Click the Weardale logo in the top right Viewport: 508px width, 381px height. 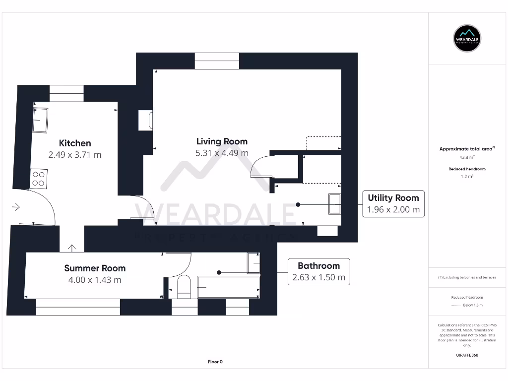(x=468, y=38)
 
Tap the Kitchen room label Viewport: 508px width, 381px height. (x=75, y=143)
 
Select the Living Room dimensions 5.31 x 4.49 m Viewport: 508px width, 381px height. (x=222, y=153)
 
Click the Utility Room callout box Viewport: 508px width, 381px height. (x=393, y=203)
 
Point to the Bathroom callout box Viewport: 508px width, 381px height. (x=318, y=271)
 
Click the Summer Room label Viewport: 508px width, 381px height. (x=95, y=268)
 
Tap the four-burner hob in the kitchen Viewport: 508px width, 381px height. (x=39, y=179)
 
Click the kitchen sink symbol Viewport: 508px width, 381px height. (x=40, y=120)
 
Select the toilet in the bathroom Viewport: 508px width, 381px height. (x=184, y=287)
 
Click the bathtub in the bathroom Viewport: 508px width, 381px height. (x=228, y=287)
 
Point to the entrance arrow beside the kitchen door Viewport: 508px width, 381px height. (x=16, y=207)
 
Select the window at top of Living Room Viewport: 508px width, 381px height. (x=217, y=61)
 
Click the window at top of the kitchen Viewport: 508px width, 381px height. (x=66, y=93)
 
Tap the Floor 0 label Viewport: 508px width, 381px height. (x=215, y=362)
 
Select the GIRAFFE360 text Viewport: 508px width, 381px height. (x=467, y=355)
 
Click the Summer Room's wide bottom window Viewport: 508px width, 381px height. (x=78, y=307)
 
